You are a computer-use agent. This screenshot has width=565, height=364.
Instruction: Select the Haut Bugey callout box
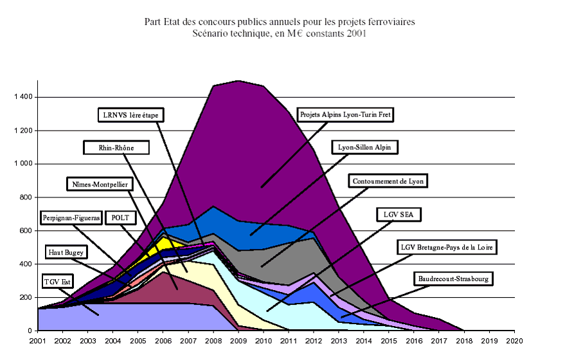pos(65,251)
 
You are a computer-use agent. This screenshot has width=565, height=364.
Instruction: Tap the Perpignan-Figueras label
pos(71,218)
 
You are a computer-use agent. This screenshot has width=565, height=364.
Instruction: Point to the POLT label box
pos(120,218)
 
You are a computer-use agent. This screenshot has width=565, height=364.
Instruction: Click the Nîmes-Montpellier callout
pos(100,185)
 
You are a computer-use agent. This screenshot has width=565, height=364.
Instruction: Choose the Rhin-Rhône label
pos(116,148)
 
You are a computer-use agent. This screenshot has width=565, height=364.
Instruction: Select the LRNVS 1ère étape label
pos(130,116)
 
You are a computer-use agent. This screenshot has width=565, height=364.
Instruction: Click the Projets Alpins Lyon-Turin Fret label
pos(346,115)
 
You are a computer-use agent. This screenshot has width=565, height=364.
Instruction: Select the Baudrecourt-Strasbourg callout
pos(453,278)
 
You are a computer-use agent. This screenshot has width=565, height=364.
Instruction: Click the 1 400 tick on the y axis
pos(24,98)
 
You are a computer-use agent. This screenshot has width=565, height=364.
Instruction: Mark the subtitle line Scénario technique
pos(280,33)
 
